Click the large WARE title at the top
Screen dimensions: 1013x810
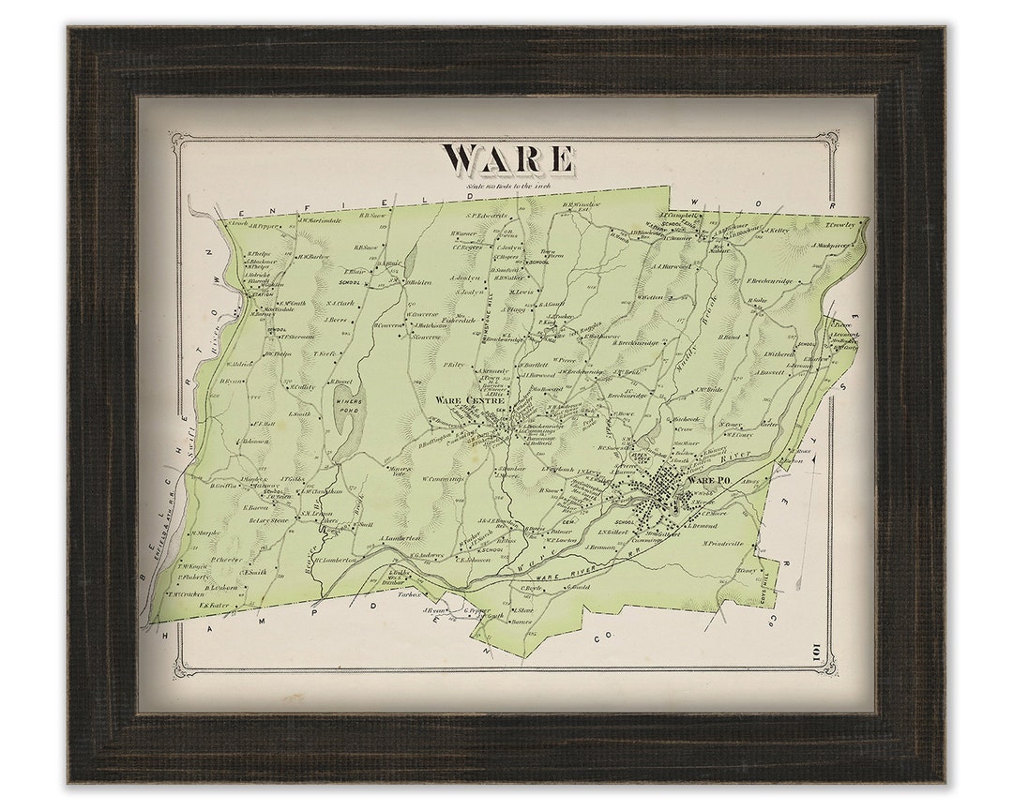(506, 159)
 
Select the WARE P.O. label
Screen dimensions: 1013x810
(708, 481)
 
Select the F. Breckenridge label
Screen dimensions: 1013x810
(768, 280)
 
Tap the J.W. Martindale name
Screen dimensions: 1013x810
(322, 221)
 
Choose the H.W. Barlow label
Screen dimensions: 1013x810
(312, 256)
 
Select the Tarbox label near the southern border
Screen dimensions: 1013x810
(408, 593)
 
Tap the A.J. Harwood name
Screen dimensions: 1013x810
(670, 266)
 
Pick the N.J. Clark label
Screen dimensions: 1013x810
(341, 303)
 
